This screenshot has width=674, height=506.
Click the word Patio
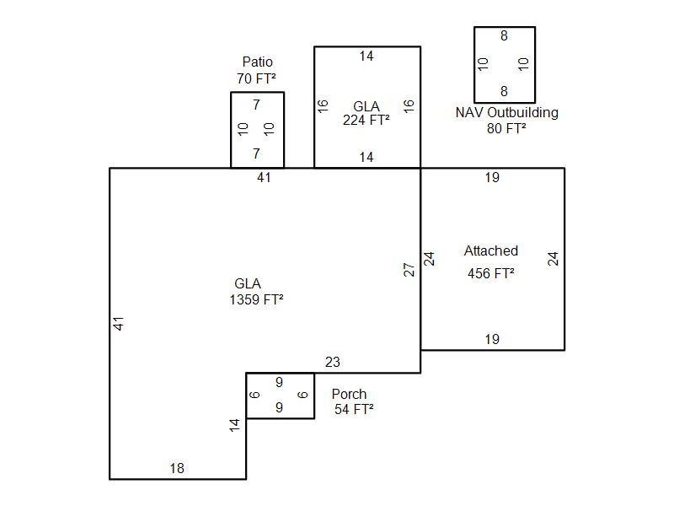pyautogui.click(x=258, y=62)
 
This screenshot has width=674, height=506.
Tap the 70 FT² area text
pyautogui.click(x=256, y=78)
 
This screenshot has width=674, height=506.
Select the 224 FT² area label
pyautogui.click(x=366, y=120)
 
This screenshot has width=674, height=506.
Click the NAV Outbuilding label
pyautogui.click(x=507, y=112)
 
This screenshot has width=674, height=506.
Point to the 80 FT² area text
pyautogui.click(x=506, y=128)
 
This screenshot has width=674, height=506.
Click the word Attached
pyautogui.click(x=491, y=250)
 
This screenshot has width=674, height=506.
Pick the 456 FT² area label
pyautogui.click(x=491, y=273)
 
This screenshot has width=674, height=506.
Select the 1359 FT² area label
pyautogui.click(x=256, y=299)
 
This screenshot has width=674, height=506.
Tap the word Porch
pyautogui.click(x=349, y=394)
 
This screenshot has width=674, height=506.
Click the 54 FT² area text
pyautogui.click(x=354, y=409)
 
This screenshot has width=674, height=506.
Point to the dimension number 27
pyautogui.click(x=409, y=270)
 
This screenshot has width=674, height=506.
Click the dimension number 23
pyautogui.click(x=333, y=363)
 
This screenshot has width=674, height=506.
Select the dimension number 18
pyautogui.click(x=177, y=468)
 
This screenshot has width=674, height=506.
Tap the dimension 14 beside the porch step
pyautogui.click(x=234, y=425)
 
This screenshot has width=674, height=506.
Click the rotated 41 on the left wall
pyautogui.click(x=118, y=324)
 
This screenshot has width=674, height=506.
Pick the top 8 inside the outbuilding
pyautogui.click(x=504, y=35)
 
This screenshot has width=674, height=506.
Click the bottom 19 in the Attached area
pyautogui.click(x=492, y=340)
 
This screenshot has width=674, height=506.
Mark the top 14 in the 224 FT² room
pyautogui.click(x=366, y=56)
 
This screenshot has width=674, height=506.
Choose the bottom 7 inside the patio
pyautogui.click(x=257, y=153)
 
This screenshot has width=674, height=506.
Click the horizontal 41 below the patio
pyautogui.click(x=264, y=177)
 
